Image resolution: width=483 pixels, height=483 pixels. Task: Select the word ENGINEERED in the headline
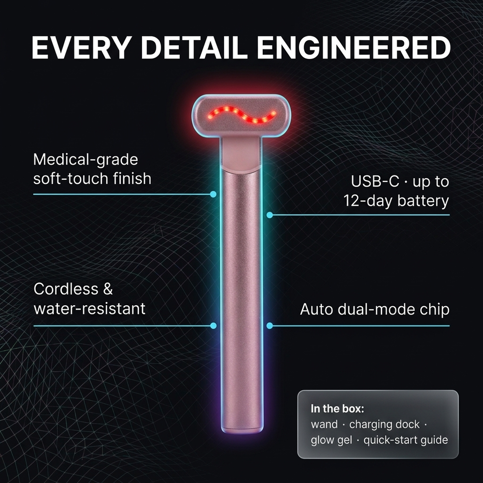click(354, 47)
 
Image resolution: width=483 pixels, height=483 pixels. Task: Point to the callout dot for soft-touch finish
click(213, 194)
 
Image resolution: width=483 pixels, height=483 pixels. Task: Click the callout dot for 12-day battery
click(270, 215)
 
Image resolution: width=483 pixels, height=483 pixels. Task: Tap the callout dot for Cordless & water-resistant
click(213, 326)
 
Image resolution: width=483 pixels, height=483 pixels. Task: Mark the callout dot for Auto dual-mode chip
click(270, 326)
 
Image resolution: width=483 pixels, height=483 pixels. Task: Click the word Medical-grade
click(85, 160)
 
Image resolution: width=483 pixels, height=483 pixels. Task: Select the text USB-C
click(375, 181)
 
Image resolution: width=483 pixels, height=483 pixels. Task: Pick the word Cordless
click(66, 289)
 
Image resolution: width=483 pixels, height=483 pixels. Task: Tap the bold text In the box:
click(337, 409)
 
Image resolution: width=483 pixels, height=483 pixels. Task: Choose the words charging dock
click(384, 425)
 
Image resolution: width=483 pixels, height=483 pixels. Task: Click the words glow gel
click(331, 440)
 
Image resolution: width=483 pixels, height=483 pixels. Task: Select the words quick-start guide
click(406, 440)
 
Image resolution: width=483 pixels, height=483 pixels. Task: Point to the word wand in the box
click(324, 425)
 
